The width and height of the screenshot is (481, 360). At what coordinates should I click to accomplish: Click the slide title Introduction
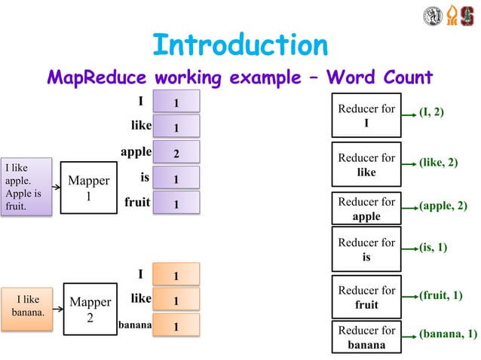(x=240, y=44)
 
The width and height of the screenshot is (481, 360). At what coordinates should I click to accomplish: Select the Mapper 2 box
(x=90, y=310)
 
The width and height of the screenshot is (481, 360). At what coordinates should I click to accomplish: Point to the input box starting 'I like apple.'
(x=26, y=186)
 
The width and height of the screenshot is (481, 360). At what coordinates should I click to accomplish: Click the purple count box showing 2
(x=176, y=154)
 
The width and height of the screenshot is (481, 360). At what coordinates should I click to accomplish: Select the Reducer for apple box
(x=366, y=209)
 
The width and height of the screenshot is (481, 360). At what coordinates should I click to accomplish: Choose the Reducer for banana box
(x=366, y=337)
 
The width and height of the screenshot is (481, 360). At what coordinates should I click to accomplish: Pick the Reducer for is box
(x=366, y=250)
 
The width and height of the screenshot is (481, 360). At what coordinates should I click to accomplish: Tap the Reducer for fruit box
(x=366, y=297)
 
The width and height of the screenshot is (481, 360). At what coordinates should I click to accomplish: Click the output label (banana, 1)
(x=448, y=334)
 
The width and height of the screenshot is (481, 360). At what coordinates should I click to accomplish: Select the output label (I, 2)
(x=431, y=112)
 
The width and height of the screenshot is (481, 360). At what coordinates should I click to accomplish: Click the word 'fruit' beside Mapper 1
(x=137, y=203)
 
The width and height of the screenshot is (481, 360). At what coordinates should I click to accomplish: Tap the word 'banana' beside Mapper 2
(x=135, y=326)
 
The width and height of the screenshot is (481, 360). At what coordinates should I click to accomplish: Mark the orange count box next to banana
(x=176, y=327)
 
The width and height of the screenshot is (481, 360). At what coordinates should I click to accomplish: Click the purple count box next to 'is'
(x=176, y=179)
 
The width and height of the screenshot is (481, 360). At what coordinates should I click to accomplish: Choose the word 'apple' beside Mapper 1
(x=136, y=152)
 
